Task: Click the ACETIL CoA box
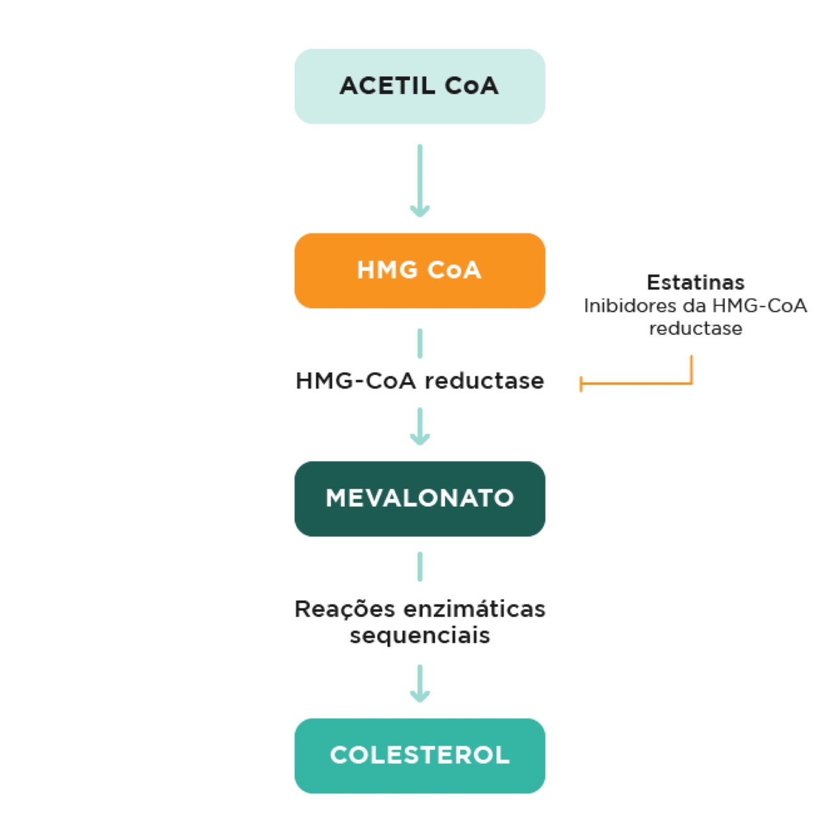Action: (x=419, y=86)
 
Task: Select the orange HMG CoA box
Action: (x=419, y=270)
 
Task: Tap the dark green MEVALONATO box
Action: (x=419, y=498)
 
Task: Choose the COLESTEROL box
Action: (x=419, y=755)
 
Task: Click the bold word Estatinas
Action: (x=695, y=282)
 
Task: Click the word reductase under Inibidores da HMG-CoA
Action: (x=695, y=329)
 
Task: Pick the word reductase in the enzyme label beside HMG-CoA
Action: (x=484, y=381)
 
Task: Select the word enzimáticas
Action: (x=474, y=609)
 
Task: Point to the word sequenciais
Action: (x=419, y=635)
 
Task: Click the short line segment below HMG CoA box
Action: (x=419, y=343)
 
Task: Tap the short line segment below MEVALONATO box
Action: (x=419, y=566)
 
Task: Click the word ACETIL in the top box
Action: (x=387, y=86)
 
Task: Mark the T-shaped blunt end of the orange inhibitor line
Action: (x=581, y=383)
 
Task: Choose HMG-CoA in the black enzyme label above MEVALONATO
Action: (x=356, y=381)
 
